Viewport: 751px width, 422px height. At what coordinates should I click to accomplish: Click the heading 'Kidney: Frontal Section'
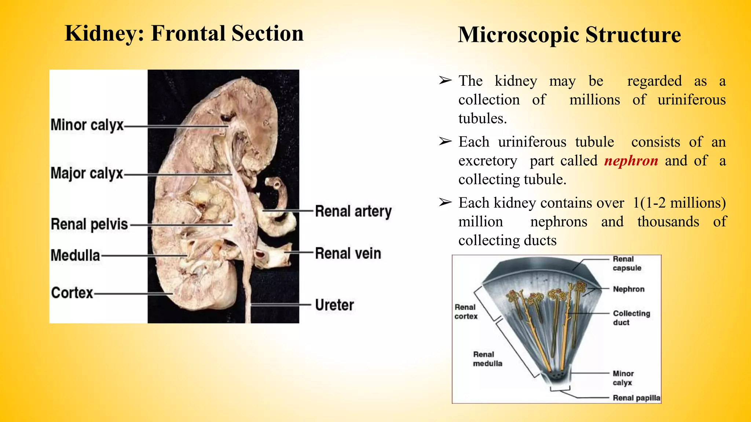click(184, 33)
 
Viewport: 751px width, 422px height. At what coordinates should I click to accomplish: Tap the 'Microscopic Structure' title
click(569, 35)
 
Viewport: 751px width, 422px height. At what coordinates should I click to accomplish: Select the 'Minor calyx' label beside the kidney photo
click(87, 125)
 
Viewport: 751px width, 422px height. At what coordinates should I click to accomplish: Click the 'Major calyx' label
click(87, 173)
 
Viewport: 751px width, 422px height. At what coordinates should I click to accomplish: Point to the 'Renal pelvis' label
click(89, 224)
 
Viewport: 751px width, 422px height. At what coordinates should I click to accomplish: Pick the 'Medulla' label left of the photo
click(75, 255)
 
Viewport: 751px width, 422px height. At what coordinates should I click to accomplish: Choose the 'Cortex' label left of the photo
click(72, 293)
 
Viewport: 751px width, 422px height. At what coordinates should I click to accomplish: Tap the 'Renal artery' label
click(353, 211)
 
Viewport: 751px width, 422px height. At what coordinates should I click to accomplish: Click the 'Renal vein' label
click(348, 253)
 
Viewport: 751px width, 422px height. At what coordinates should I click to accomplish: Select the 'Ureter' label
click(334, 305)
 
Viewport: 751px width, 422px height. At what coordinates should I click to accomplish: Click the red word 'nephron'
click(631, 161)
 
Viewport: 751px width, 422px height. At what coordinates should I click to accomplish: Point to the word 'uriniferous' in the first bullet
click(691, 100)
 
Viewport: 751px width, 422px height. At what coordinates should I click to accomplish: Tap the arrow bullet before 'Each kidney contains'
click(445, 202)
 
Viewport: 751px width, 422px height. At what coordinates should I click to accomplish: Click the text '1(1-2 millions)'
click(679, 203)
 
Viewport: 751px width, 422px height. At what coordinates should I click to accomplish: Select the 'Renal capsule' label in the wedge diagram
click(627, 263)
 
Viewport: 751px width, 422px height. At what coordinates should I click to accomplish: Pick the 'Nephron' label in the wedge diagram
click(629, 289)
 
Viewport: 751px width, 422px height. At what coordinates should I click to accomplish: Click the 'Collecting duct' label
click(631, 318)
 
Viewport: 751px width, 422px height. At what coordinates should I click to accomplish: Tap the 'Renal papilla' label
click(636, 398)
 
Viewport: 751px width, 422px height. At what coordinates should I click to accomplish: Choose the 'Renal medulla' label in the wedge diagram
click(487, 359)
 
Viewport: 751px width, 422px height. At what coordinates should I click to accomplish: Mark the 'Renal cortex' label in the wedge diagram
click(466, 311)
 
